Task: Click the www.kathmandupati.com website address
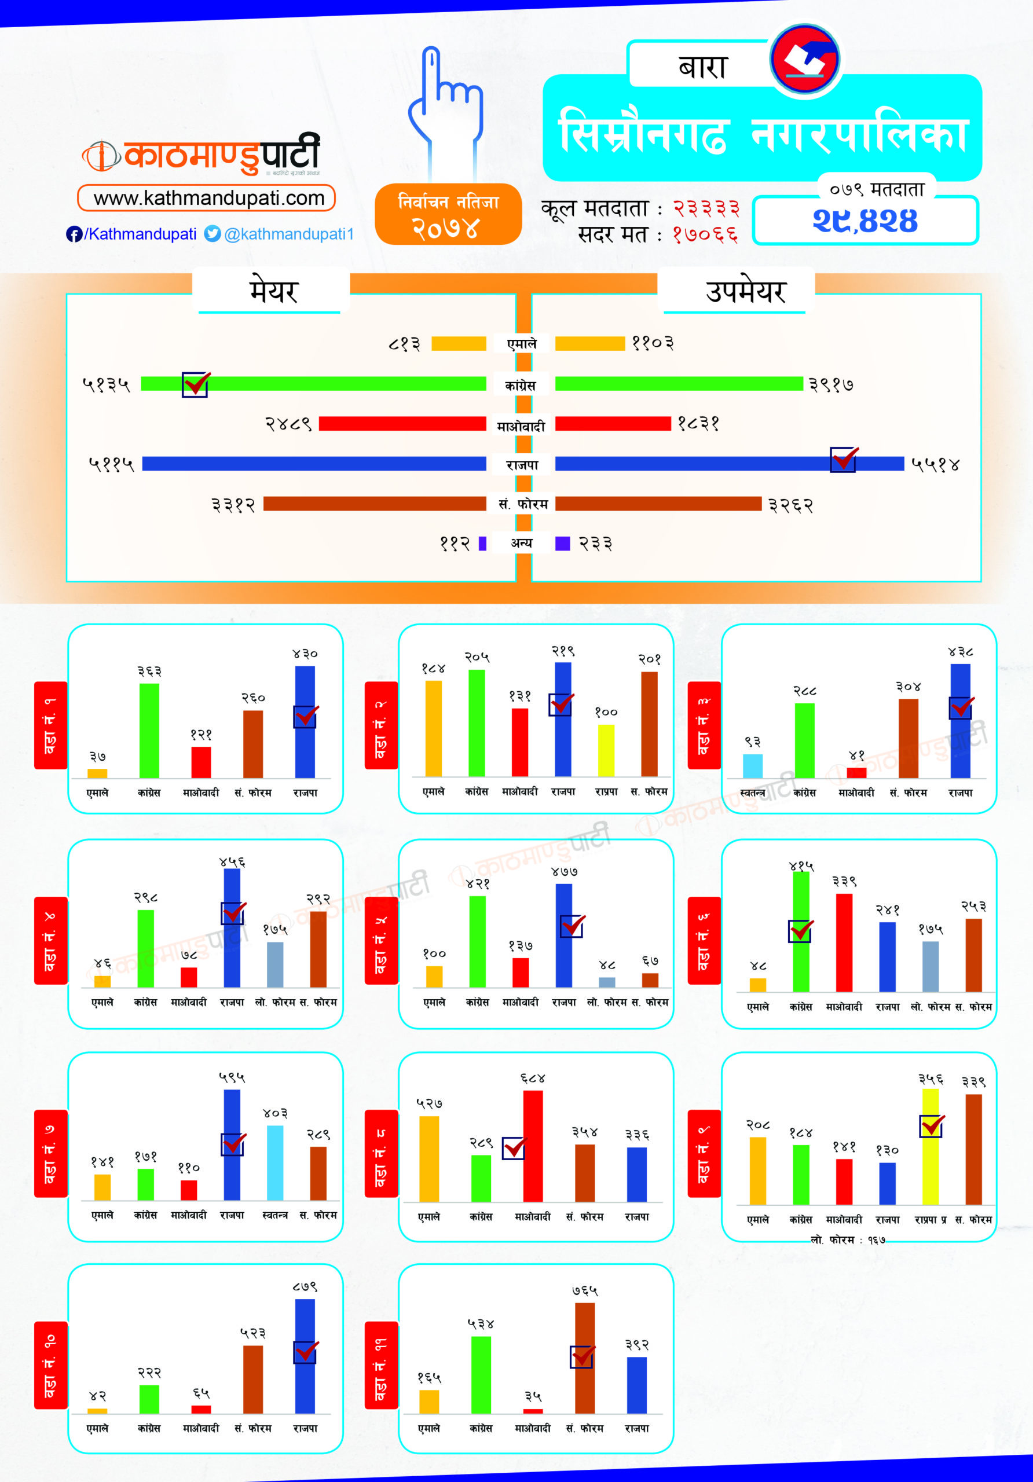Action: click(x=207, y=197)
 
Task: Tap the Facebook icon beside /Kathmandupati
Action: click(x=74, y=234)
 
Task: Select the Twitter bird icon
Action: click(x=213, y=234)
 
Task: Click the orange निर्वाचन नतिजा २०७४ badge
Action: click(x=448, y=214)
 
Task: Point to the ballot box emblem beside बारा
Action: click(x=804, y=60)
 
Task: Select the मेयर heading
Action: click(x=273, y=292)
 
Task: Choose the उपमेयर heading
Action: click(x=745, y=292)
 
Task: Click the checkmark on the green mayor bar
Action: click(x=195, y=384)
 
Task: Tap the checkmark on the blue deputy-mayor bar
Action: click(x=843, y=459)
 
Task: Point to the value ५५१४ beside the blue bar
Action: click(x=935, y=464)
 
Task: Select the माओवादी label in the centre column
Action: click(x=521, y=426)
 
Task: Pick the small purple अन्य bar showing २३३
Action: click(x=562, y=544)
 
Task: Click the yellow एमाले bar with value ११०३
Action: click(x=589, y=343)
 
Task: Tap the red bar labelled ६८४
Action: click(x=533, y=1146)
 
